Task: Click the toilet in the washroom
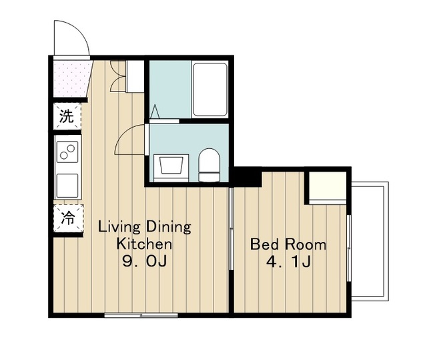pyautogui.click(x=209, y=165)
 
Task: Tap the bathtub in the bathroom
pyautogui.click(x=209, y=89)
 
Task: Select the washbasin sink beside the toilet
pyautogui.click(x=171, y=168)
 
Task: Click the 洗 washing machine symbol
pyautogui.click(x=67, y=116)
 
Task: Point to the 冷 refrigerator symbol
pyautogui.click(x=68, y=218)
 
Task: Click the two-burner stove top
pyautogui.click(x=67, y=152)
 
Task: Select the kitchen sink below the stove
pyautogui.click(x=67, y=185)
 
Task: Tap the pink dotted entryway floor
pyautogui.click(x=71, y=79)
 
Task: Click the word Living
pyautogui.click(x=119, y=228)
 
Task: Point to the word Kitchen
pyautogui.click(x=144, y=244)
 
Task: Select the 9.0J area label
pyautogui.click(x=144, y=261)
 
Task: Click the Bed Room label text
pyautogui.click(x=288, y=244)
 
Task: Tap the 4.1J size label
pyautogui.click(x=288, y=262)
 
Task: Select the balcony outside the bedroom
pyautogui.click(x=370, y=241)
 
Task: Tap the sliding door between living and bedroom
pyautogui.click(x=232, y=228)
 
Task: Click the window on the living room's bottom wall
pyautogui.click(x=141, y=315)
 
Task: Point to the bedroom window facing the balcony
pyautogui.click(x=349, y=248)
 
